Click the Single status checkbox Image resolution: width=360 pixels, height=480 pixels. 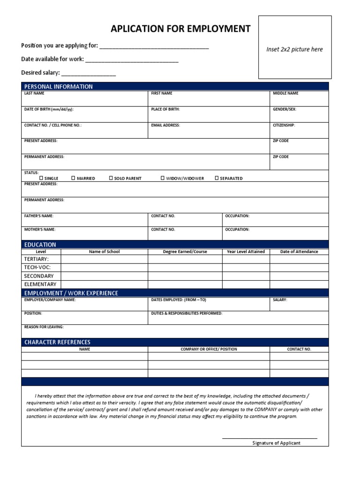coord(41,178)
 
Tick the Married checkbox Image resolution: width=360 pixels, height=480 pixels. coord(73,178)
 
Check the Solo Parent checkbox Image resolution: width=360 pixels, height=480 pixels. coord(111,178)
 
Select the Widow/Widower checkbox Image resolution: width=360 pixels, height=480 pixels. coord(163,178)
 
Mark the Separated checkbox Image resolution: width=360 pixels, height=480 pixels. coord(217,178)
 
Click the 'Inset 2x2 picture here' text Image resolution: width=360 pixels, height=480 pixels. coord(294,49)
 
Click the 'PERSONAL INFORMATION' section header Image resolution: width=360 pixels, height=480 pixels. coord(59,87)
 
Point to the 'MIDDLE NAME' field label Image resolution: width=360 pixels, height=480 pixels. coord(285,93)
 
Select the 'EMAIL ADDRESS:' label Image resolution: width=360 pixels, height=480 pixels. coord(165,125)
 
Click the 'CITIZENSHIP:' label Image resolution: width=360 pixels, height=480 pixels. coord(284,125)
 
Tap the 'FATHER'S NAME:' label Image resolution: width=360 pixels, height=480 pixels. coord(39,216)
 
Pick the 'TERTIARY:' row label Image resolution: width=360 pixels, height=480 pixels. coord(36,259)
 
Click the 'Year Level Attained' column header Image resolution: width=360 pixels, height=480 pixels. coord(246,252)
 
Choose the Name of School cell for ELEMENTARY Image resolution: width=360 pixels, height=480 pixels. coord(104,285)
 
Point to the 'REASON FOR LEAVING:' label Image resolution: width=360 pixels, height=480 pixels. coord(44,327)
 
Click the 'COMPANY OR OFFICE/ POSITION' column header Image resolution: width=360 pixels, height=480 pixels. coord(209,349)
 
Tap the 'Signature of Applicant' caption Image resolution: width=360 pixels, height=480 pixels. coord(276,443)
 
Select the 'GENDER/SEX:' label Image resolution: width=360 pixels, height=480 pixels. coord(285,109)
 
